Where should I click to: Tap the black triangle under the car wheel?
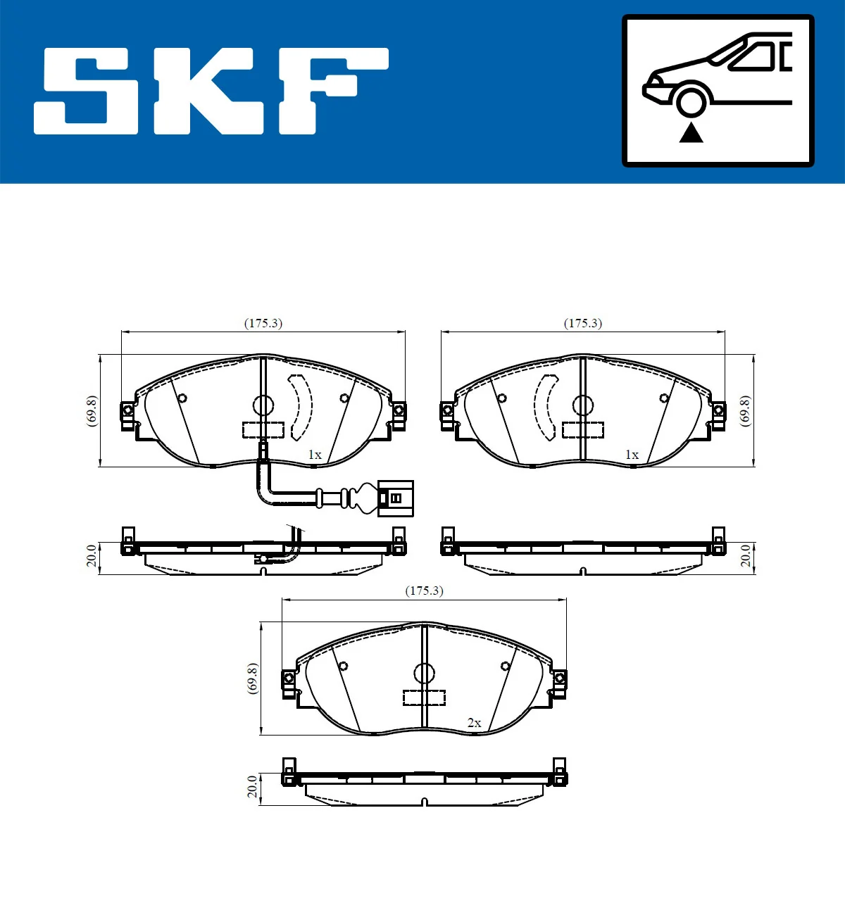point(691,132)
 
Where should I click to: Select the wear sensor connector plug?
point(395,498)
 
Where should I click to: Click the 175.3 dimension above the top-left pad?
point(263,323)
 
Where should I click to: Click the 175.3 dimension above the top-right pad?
point(583,323)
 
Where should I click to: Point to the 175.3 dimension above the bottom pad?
point(424,591)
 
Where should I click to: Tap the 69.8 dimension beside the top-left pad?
point(92,410)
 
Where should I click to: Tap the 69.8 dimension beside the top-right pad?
point(745,410)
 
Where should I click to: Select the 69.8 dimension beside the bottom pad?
point(252,679)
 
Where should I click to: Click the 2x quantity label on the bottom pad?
point(474,723)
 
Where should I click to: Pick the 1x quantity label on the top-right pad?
point(632,455)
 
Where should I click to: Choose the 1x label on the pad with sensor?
point(314,455)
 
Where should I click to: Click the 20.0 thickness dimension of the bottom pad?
point(252,787)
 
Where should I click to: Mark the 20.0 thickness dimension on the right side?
point(745,556)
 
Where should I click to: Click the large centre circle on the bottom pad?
point(424,673)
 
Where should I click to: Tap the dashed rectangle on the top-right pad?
point(583,429)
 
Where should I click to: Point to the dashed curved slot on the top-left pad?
point(301,407)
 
